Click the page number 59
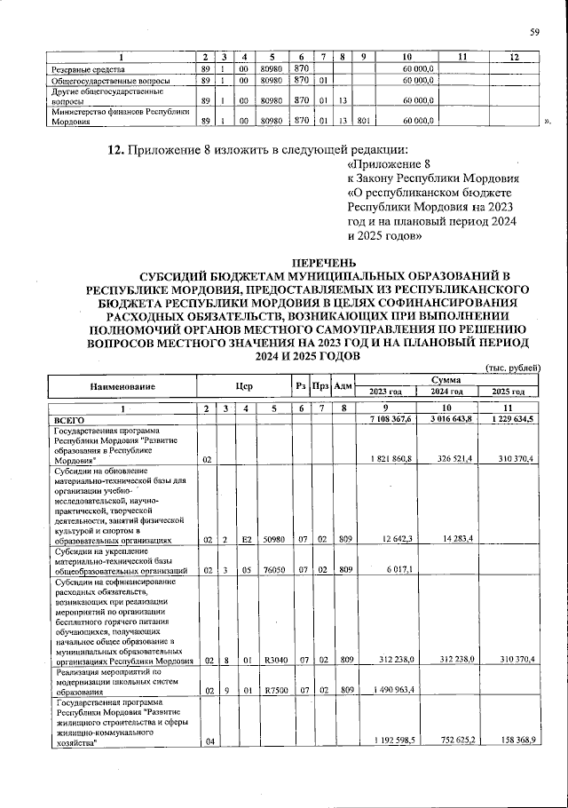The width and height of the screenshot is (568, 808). (535, 33)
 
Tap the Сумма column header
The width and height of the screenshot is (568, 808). (446, 379)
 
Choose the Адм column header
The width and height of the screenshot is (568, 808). (343, 387)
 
